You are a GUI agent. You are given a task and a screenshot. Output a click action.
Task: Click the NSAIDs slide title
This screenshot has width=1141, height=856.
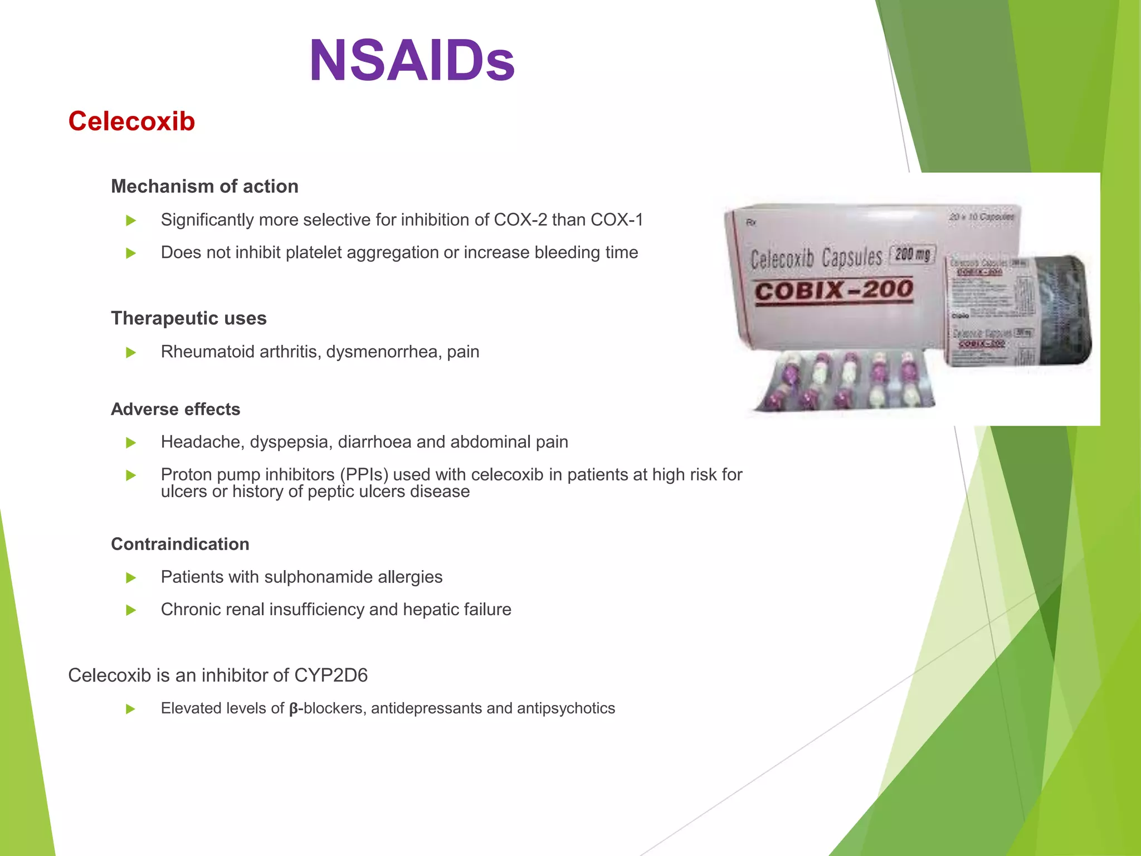click(x=412, y=61)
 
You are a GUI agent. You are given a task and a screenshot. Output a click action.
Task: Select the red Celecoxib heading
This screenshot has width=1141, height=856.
click(x=131, y=121)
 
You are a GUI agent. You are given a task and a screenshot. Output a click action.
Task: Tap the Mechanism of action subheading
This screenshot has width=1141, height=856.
click(x=204, y=186)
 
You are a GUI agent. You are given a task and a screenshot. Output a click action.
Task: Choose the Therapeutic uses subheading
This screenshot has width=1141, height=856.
click(x=188, y=318)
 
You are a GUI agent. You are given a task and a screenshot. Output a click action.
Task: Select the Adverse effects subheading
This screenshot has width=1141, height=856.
click(x=175, y=409)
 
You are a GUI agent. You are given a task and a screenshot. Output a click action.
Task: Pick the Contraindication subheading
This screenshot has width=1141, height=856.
click(x=180, y=544)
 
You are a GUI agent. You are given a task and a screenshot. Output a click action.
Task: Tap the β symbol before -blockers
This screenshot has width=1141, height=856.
click(x=294, y=709)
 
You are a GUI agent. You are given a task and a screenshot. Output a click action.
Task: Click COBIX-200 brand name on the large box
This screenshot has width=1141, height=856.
click(x=834, y=290)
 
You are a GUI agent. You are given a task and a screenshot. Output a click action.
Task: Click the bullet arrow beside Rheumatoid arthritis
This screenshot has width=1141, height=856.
click(x=131, y=353)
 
